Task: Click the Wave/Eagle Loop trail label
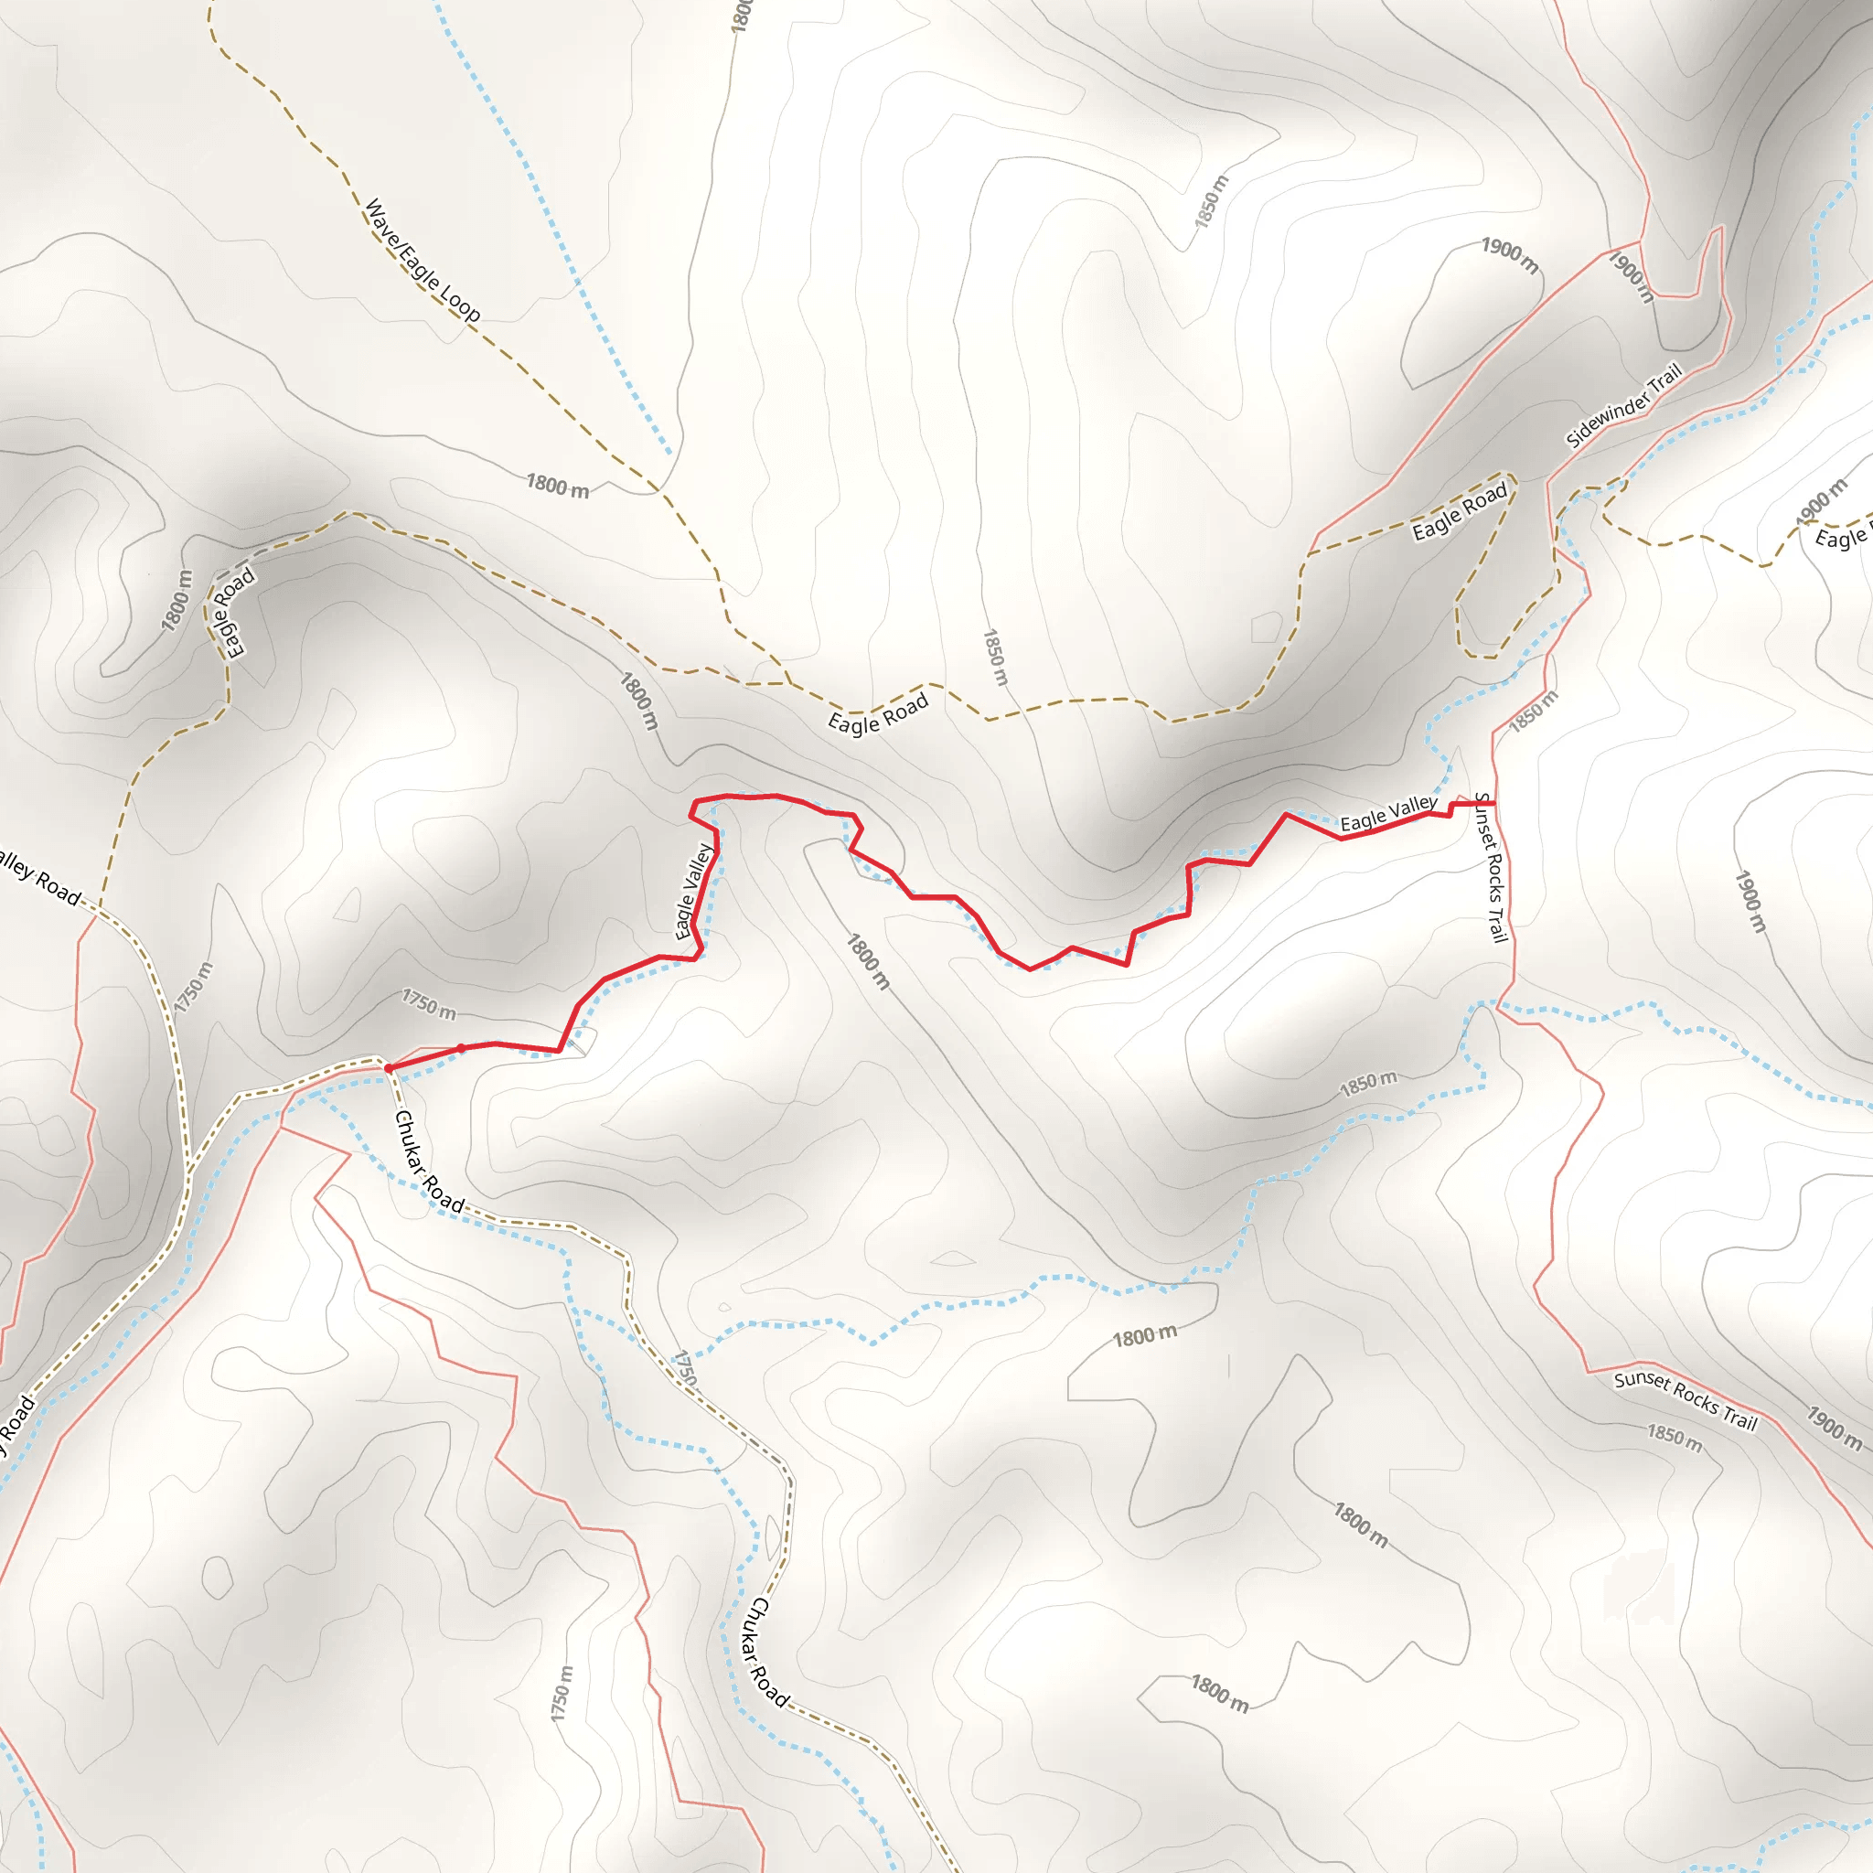(422, 260)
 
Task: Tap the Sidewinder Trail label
(1624, 406)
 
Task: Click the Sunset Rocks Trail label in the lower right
(1686, 1400)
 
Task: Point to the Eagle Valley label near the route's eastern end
(1388, 813)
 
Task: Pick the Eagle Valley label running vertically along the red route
(694, 892)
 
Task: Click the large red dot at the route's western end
(389, 1068)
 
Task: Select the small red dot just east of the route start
(462, 1048)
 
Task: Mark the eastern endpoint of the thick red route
(1494, 804)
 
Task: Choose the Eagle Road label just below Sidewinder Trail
(1459, 511)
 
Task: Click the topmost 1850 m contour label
(1211, 201)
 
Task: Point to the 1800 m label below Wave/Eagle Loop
(558, 485)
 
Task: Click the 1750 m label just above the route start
(429, 1004)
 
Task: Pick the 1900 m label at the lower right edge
(1834, 1428)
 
